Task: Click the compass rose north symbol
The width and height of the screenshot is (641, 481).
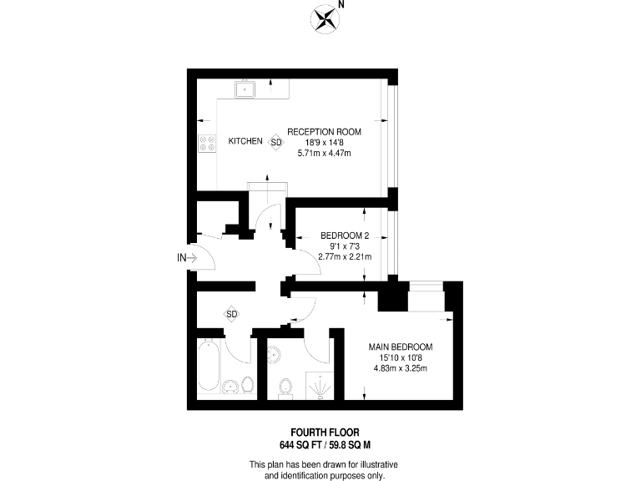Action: (325, 18)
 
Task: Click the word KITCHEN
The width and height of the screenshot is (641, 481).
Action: (245, 142)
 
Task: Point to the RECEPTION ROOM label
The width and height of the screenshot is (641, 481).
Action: (324, 131)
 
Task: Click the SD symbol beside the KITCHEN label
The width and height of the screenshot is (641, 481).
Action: (276, 143)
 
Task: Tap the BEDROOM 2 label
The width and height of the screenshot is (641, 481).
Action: (345, 235)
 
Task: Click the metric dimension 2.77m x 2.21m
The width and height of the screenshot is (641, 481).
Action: (345, 256)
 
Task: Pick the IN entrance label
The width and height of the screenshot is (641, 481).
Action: (182, 258)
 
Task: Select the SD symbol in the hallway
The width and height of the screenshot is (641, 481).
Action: (232, 314)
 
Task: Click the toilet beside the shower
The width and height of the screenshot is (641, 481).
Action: (286, 386)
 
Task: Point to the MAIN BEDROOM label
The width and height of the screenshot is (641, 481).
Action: (401, 347)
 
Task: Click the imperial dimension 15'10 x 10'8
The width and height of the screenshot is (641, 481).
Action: (401, 358)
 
